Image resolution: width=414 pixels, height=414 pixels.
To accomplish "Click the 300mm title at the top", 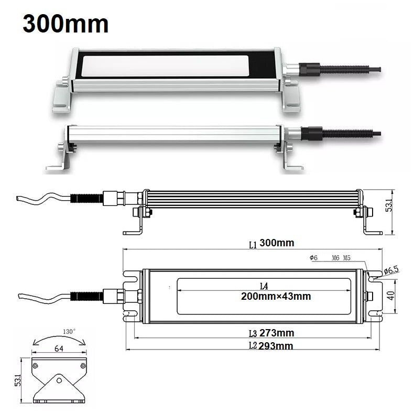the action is click(x=66, y=24).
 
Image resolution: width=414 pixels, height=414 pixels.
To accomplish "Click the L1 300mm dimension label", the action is click(x=271, y=244).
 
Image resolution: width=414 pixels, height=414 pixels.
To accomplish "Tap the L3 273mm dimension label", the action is click(x=271, y=333).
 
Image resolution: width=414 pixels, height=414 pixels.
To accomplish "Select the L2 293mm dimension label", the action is click(x=271, y=346).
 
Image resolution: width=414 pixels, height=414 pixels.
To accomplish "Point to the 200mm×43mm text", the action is click(x=276, y=296).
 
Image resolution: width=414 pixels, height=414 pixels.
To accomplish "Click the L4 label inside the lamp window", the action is click(x=264, y=286).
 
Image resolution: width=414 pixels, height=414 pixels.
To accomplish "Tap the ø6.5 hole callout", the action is click(x=391, y=270).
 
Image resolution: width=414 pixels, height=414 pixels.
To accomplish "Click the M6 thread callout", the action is click(x=335, y=258).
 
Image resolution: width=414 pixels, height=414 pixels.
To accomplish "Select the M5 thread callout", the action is click(x=347, y=258).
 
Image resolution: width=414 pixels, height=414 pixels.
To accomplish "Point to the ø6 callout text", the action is click(x=314, y=257).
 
